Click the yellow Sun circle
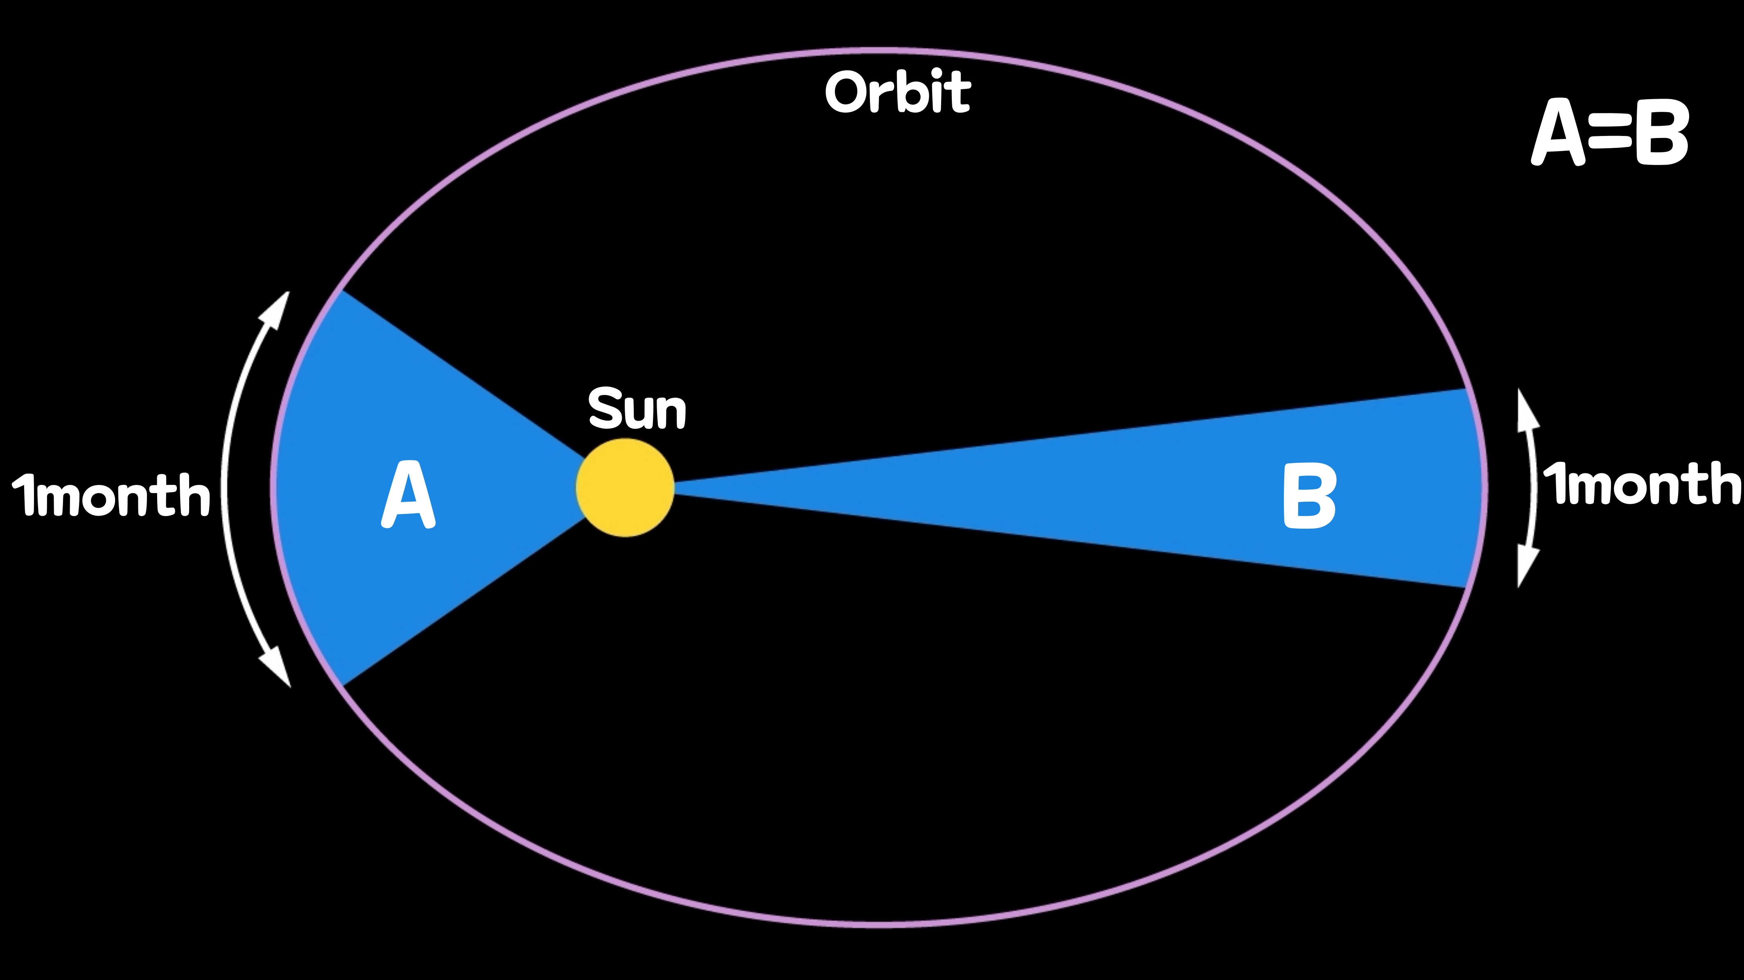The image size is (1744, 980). tap(625, 488)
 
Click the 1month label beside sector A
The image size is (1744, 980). tap(111, 494)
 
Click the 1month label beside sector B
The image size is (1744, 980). tap(1641, 484)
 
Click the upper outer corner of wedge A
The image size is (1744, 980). tap(342, 292)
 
